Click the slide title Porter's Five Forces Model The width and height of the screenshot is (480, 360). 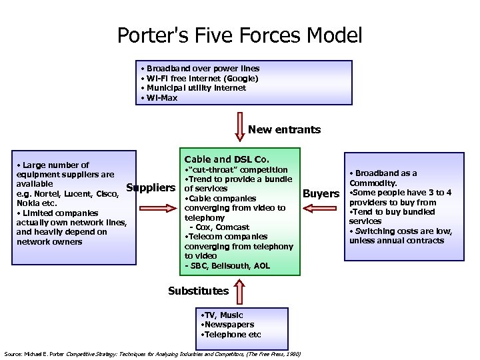[x=240, y=35]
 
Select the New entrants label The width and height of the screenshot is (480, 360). [x=284, y=130]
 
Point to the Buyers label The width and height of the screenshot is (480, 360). [x=321, y=194]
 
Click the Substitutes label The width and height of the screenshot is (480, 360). [x=198, y=291]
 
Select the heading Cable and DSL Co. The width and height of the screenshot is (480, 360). [x=227, y=159]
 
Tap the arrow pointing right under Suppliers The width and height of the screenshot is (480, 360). [x=161, y=207]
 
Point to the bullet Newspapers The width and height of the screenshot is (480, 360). [x=227, y=325]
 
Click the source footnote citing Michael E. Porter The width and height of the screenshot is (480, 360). [x=152, y=354]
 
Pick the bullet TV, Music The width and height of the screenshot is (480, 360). [x=223, y=315]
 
